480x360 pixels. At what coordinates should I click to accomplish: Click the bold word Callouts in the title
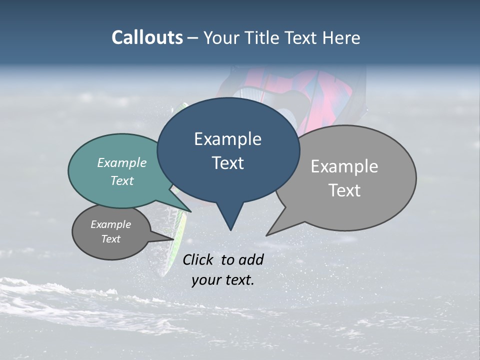147,37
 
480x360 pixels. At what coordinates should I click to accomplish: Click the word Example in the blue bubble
228,139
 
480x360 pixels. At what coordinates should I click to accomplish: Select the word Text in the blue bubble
228,163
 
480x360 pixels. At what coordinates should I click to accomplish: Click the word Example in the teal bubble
122,163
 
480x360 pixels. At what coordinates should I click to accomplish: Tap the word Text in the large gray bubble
344,190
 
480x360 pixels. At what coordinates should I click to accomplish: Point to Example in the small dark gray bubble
111,224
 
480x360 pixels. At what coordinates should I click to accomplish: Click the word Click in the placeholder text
198,259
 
